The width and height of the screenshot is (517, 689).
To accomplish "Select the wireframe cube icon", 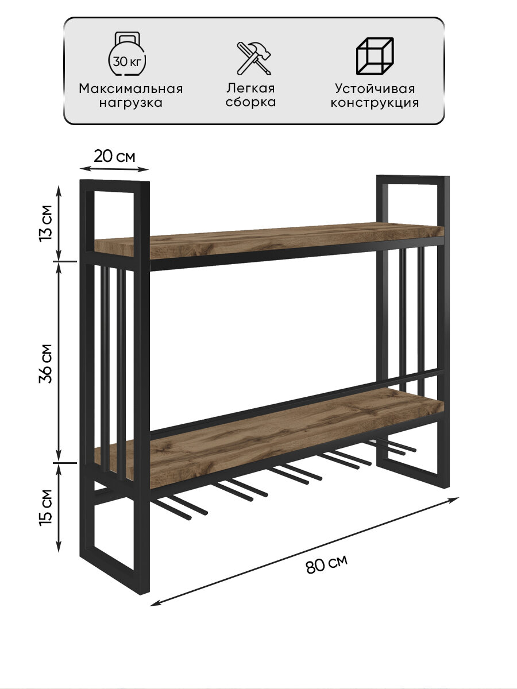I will pos(375,56).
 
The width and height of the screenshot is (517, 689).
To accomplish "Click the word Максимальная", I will pos(131,89).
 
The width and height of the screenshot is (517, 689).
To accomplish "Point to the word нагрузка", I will pos(130,103).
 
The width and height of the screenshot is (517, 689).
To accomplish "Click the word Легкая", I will pos(250,88).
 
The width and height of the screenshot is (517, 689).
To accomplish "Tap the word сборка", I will pos(250,103).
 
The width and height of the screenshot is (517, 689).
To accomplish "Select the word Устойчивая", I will pos(375,89).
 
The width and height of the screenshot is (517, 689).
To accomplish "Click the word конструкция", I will pos(375,103).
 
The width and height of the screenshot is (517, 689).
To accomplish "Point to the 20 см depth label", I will pos(114,156).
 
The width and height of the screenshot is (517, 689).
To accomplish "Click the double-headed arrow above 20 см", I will pos(114,169).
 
